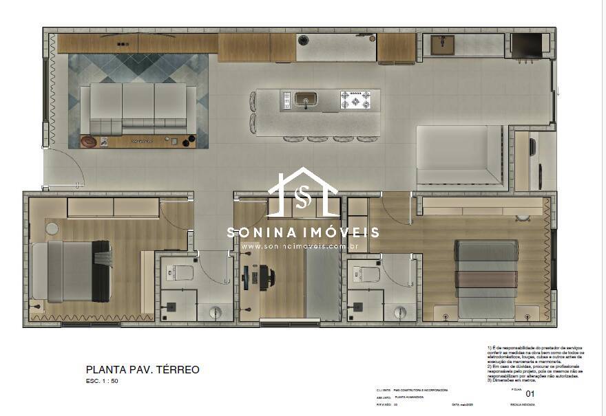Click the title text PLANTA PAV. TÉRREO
(x=143, y=369)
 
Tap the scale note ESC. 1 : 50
(x=103, y=380)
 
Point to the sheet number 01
(x=530, y=394)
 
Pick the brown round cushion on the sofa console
(x=90, y=142)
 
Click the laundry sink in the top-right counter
(x=441, y=45)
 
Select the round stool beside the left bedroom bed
(x=52, y=228)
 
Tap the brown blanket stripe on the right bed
(x=487, y=279)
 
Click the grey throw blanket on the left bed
(x=104, y=257)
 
